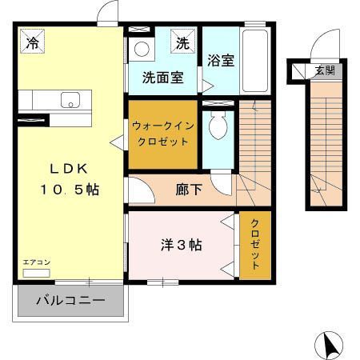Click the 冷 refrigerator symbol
[33, 42]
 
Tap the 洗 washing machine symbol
[183, 43]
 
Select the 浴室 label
[221, 61]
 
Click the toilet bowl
[217, 124]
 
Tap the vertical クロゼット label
[255, 243]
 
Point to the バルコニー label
[70, 302]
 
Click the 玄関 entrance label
[324, 71]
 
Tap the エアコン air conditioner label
[34, 262]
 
